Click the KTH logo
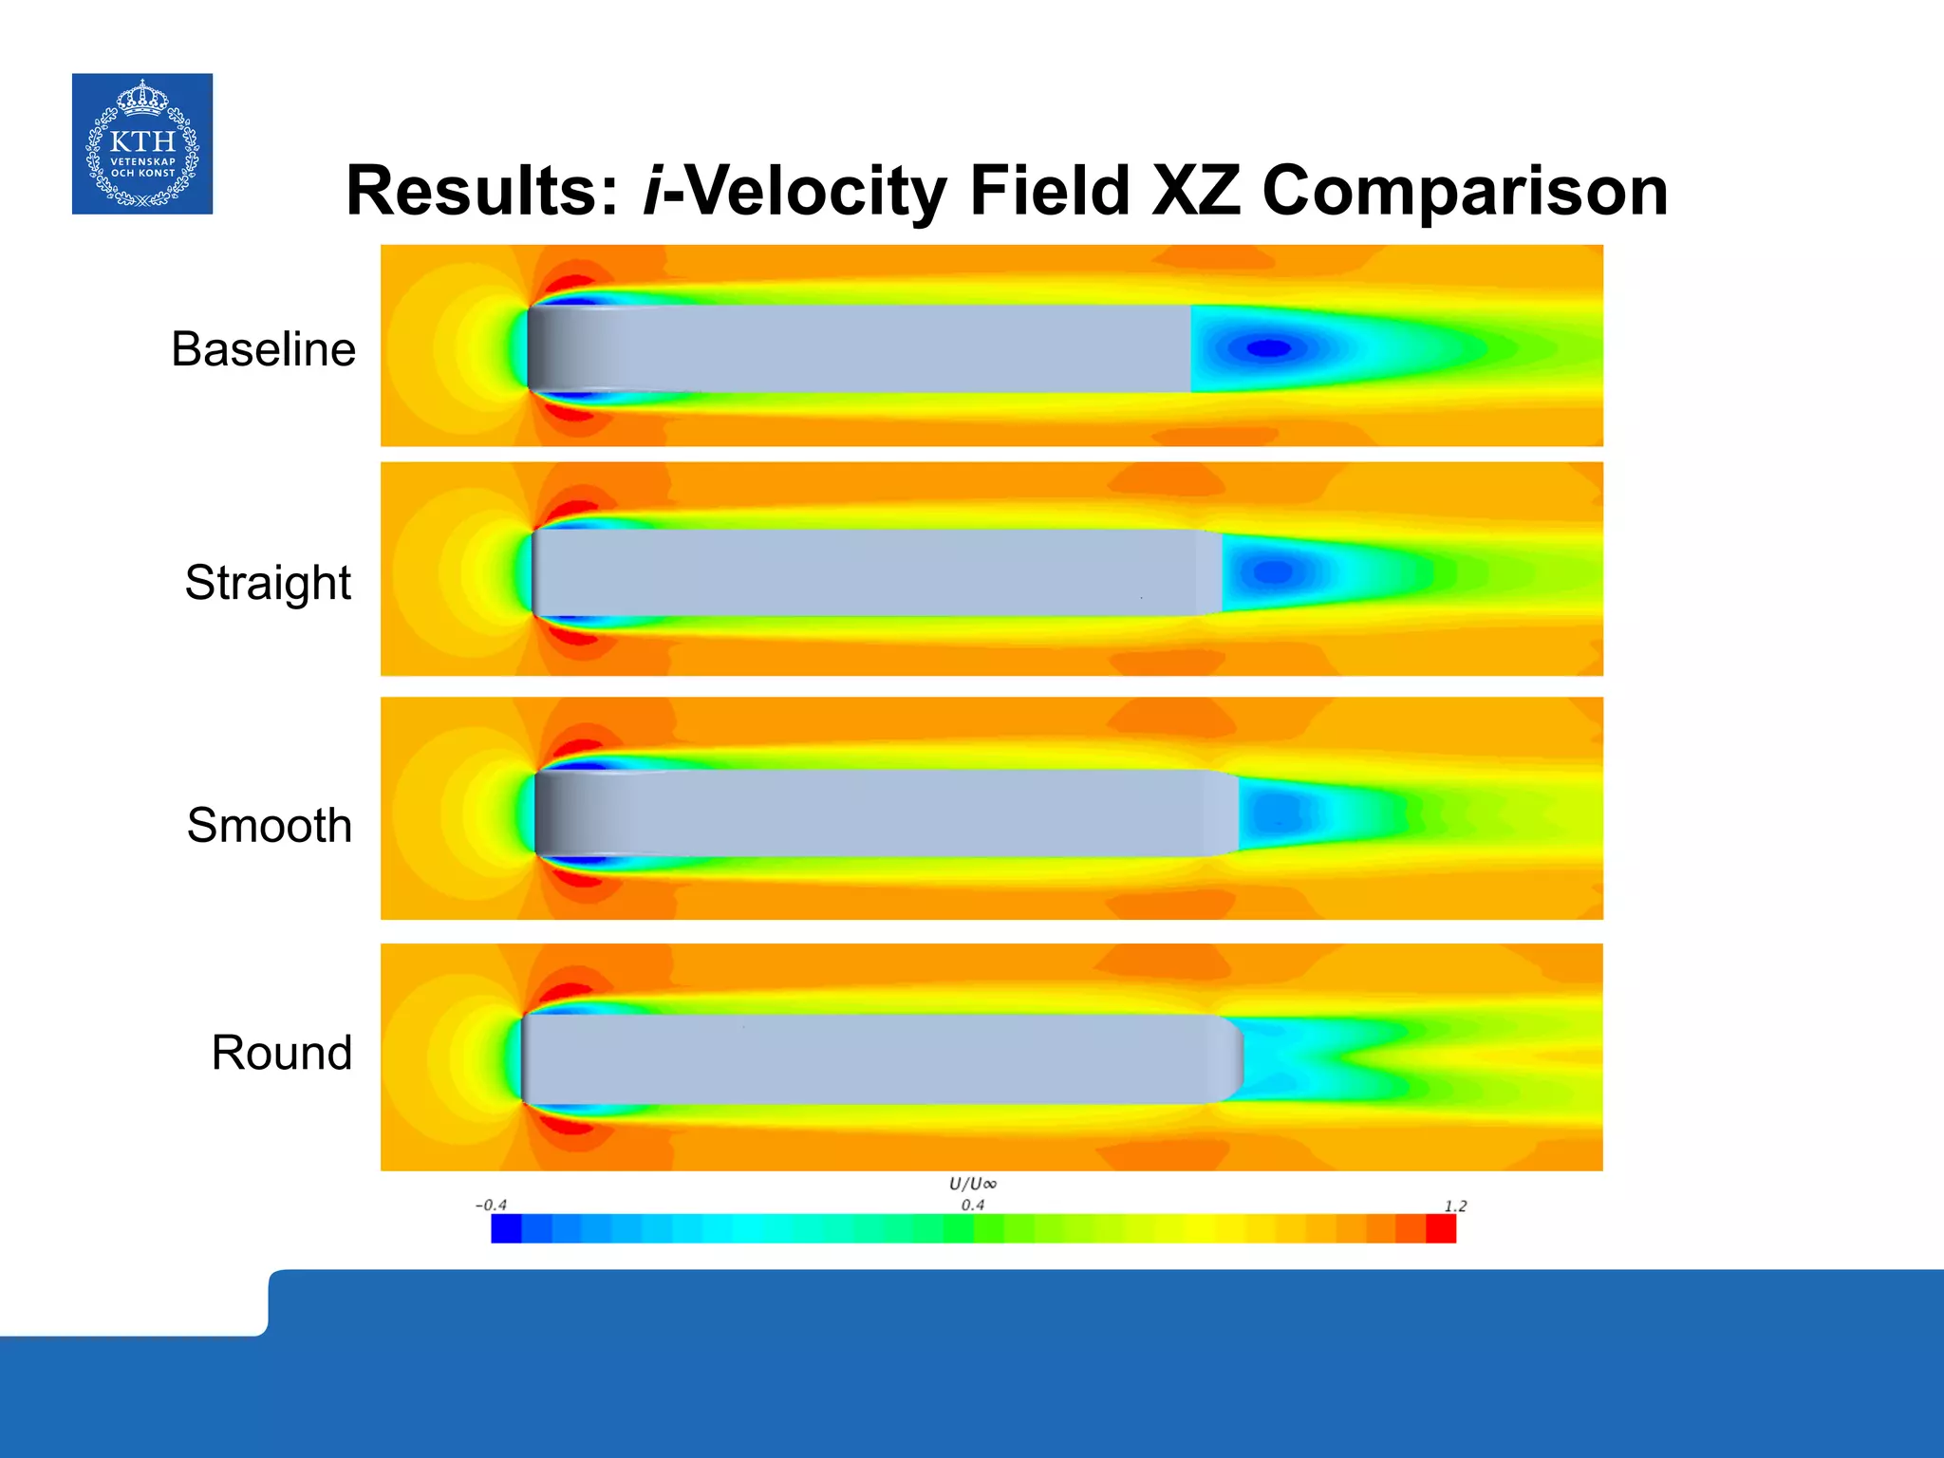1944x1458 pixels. tap(142, 143)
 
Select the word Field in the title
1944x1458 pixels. tap(1049, 191)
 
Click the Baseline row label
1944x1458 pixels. tap(263, 349)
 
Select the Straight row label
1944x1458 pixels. tap(268, 582)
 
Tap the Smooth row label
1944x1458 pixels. tap(270, 825)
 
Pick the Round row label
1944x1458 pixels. tap(281, 1053)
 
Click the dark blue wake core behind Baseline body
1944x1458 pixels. tap(1268, 348)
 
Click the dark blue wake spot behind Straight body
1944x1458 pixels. tap(1273, 572)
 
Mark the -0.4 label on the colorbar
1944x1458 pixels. tap(491, 1206)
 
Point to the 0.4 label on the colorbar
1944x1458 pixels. tap(972, 1206)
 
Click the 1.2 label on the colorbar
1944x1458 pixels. tap(1455, 1206)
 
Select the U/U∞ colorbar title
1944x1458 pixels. tap(973, 1184)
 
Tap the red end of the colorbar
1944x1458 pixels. tap(1440, 1228)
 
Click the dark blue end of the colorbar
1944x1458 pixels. tap(506, 1228)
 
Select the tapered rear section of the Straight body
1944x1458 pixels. tap(1208, 572)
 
